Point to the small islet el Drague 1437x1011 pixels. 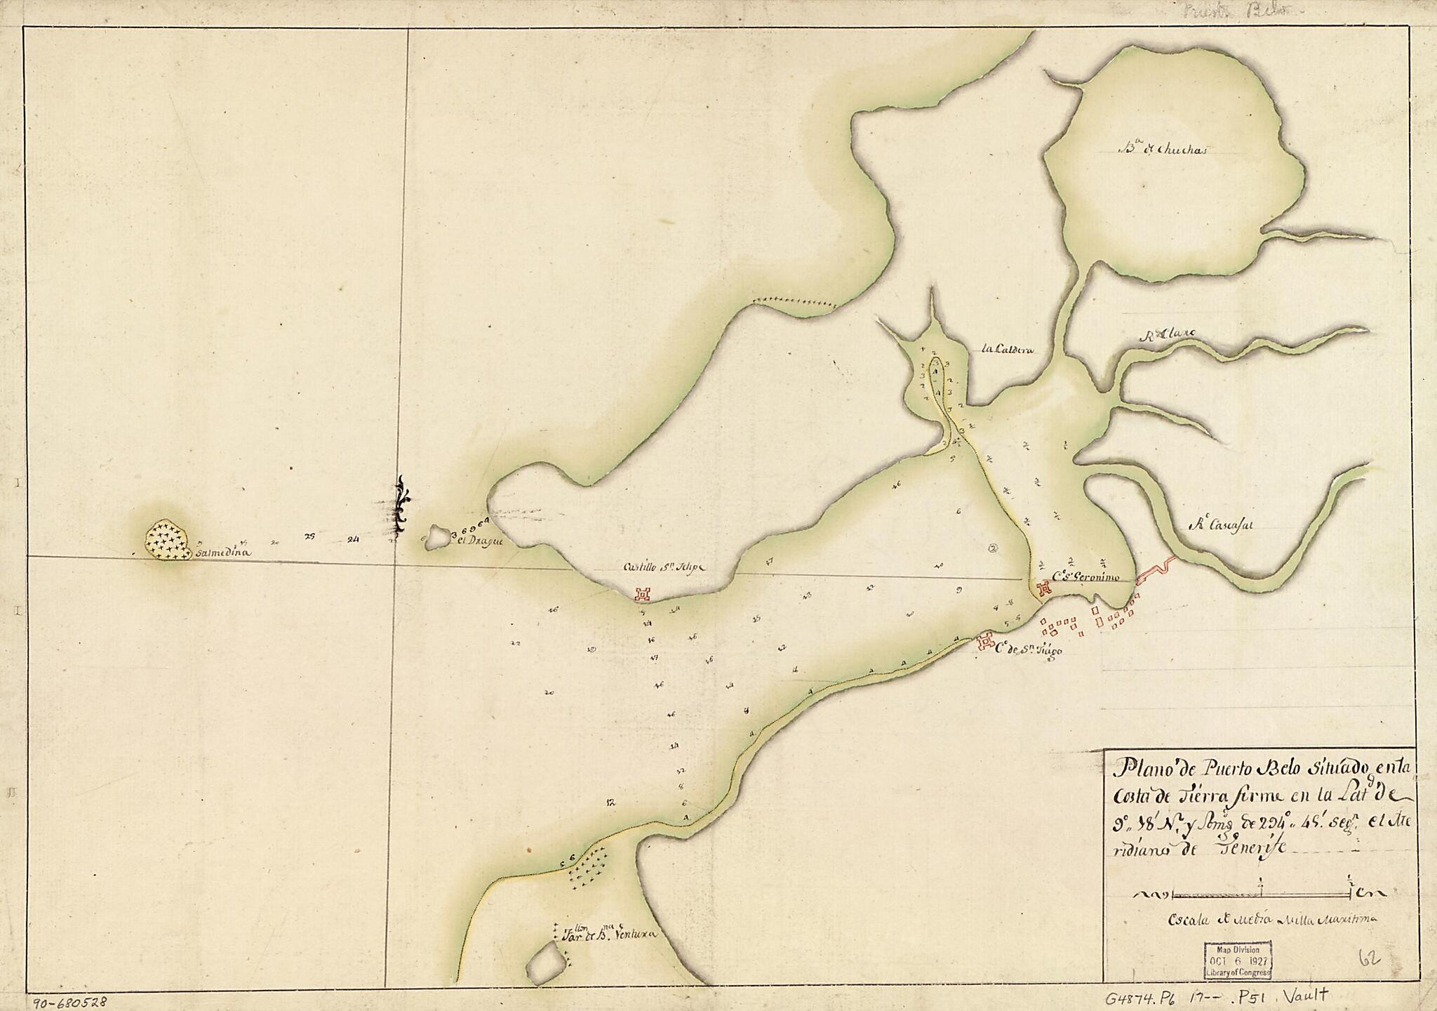pyautogui.click(x=440, y=538)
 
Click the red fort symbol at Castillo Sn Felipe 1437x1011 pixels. pyautogui.click(x=641, y=595)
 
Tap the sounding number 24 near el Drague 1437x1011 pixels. pyautogui.click(x=353, y=540)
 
